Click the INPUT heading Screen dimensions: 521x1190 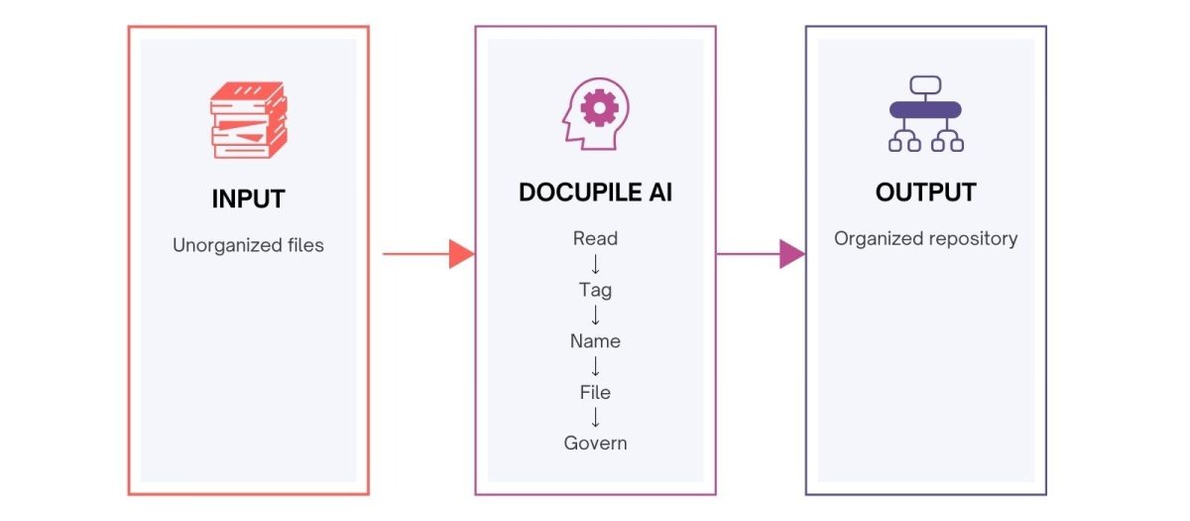tap(248, 198)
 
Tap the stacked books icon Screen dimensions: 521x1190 tap(248, 119)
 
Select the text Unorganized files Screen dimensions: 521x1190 tap(248, 244)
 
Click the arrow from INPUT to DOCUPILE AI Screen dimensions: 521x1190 tap(426, 254)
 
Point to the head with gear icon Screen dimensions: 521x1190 tap(595, 115)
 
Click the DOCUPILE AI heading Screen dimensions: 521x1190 tap(595, 193)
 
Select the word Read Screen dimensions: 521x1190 tap(595, 238)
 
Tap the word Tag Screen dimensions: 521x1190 tap(595, 290)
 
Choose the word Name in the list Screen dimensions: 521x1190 tap(595, 340)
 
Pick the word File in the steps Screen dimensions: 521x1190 tap(595, 392)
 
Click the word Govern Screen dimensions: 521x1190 tap(595, 443)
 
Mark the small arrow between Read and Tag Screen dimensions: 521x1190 tap(595, 264)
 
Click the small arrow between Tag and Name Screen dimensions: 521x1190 tap(595, 316)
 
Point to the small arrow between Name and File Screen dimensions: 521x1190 tap(595, 366)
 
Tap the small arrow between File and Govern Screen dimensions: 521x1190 tap(595, 418)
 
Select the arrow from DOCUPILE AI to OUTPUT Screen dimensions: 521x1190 tap(760, 254)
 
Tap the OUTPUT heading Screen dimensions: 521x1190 tap(925, 193)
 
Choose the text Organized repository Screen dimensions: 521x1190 tap(925, 238)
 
